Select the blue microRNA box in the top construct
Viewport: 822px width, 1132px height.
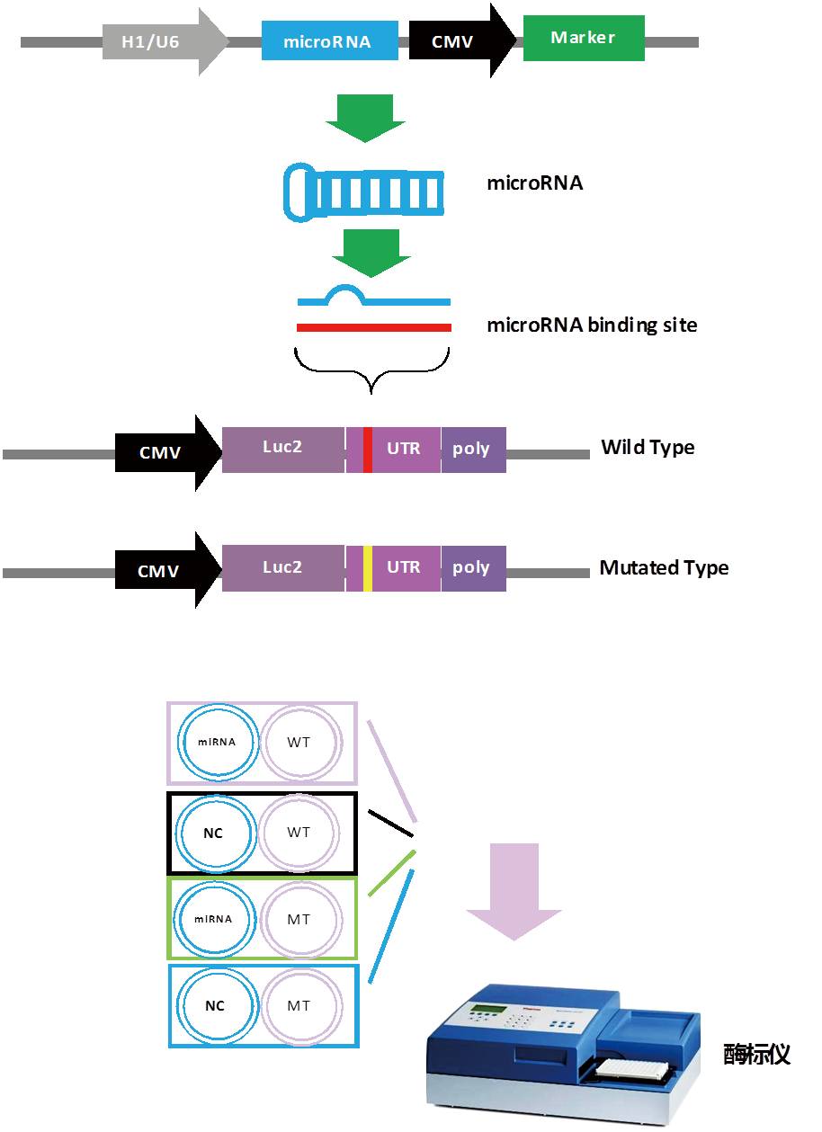329,41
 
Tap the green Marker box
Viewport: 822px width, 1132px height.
583,39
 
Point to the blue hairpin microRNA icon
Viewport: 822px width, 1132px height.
363,192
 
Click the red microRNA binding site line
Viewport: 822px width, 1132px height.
373,328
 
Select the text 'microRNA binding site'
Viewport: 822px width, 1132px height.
591,325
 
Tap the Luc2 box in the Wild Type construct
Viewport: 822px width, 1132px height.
282,448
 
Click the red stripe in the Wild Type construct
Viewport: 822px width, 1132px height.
367,450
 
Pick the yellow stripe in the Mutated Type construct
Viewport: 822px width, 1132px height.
367,568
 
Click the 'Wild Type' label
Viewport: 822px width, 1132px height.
647,448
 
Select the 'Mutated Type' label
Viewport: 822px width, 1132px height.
663,568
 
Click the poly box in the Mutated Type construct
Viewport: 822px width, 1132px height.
472,568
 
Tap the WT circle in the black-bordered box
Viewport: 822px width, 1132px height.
299,833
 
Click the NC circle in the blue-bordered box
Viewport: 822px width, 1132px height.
214,1006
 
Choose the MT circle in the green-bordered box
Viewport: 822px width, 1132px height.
299,919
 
